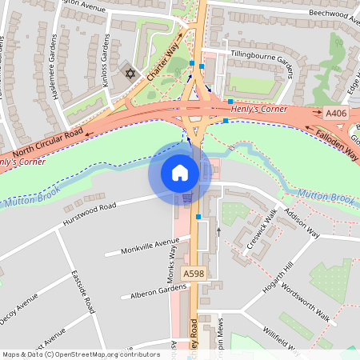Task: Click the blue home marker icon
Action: [x=180, y=172]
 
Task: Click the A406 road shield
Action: [x=336, y=114]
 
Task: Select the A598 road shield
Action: [x=194, y=274]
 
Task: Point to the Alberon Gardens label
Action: [x=154, y=291]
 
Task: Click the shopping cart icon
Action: [x=187, y=198]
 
